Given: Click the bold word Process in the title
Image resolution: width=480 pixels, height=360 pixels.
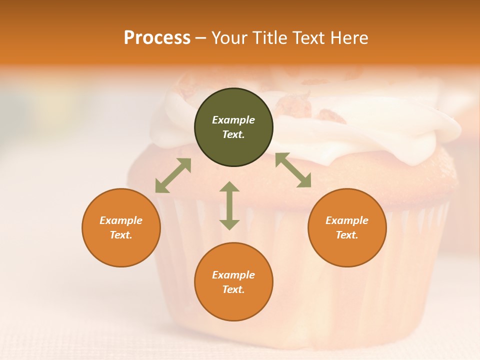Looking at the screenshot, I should coord(157,38).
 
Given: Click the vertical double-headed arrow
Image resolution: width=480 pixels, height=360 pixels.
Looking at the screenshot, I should coord(229,205).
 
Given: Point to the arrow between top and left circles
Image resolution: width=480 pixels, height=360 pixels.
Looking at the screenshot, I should coord(173,175).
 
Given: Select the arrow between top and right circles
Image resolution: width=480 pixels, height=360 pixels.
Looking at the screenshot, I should coord(293,170).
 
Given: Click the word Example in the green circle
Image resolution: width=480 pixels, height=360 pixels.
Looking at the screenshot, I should coord(233,120).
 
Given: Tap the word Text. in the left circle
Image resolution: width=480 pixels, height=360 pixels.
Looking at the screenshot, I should coord(121,235).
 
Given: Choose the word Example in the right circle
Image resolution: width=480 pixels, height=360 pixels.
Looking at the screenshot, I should coord(347,220).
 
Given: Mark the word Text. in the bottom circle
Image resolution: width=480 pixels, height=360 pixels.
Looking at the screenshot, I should coord(233,289).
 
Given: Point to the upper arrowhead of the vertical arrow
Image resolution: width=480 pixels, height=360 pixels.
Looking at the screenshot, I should coord(229,186).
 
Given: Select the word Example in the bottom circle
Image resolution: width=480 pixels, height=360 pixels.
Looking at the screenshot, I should coord(233,275).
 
